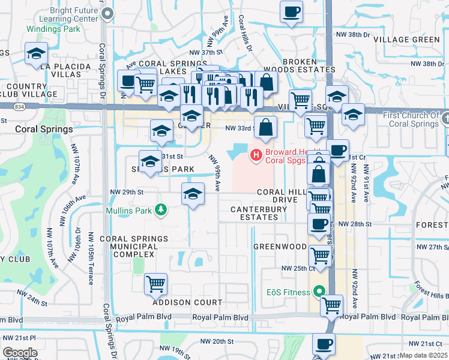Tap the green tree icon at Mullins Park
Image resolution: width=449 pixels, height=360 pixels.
click(160, 209)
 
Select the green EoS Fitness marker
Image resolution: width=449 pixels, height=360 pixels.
click(320, 292)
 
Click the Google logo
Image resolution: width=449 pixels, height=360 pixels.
click(20, 353)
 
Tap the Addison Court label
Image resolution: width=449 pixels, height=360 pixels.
click(187, 302)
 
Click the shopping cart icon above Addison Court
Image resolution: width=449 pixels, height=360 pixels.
click(156, 284)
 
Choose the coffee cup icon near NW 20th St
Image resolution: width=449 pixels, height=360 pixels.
click(324, 344)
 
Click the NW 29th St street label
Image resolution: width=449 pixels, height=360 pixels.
click(127, 192)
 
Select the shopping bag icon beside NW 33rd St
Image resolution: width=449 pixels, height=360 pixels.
click(265, 127)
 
